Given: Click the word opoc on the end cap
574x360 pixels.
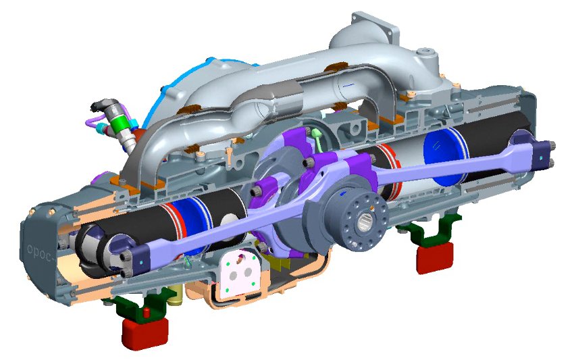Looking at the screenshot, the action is (x=40, y=252).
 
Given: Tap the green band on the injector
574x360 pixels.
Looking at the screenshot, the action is (x=120, y=124).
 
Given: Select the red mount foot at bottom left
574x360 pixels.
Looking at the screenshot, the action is (x=145, y=332).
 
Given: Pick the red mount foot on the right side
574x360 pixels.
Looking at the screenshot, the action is (x=435, y=257).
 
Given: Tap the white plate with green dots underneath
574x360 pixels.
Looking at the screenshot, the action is (x=240, y=272).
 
